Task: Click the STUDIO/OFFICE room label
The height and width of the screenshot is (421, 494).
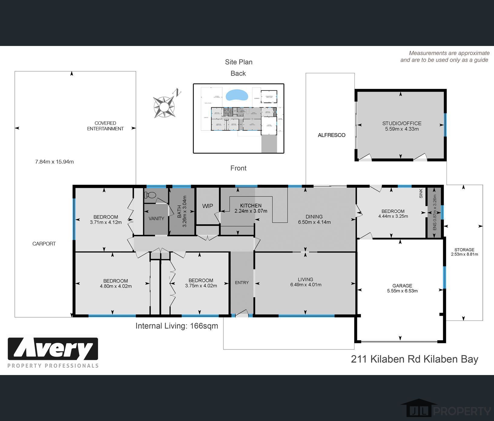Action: [402, 123]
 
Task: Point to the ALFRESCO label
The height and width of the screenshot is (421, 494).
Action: [331, 135]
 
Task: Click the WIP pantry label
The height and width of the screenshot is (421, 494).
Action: [208, 206]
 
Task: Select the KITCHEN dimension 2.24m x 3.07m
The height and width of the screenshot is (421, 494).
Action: [251, 211]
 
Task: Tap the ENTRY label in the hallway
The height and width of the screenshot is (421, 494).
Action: [242, 282]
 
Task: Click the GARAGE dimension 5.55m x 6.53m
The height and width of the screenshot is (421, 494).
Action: [402, 291]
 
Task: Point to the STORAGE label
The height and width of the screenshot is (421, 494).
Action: [464, 250]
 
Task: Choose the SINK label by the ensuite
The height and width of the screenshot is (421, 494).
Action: [421, 194]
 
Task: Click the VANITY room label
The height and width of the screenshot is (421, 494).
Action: [156, 219]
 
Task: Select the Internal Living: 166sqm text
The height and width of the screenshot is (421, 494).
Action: [177, 326]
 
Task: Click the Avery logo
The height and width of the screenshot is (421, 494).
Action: [53, 352]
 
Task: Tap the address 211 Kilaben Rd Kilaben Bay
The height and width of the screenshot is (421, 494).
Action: [414, 359]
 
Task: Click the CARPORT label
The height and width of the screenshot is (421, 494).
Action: [44, 244]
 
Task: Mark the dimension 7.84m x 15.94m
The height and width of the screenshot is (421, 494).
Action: [54, 162]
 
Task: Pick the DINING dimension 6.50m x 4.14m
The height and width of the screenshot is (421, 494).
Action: [314, 222]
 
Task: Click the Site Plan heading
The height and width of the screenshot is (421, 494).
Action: [239, 62]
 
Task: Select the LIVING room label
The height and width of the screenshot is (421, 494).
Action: [305, 279]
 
